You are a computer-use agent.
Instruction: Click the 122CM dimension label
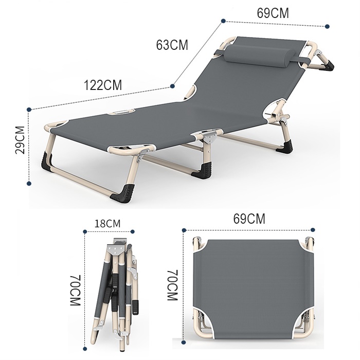point(103,85)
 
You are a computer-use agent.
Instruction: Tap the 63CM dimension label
point(172,45)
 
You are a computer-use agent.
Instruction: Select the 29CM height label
point(20,140)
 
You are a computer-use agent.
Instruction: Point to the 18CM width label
point(107,223)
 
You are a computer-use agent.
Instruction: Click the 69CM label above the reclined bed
point(273,13)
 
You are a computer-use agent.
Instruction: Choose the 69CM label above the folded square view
point(249,219)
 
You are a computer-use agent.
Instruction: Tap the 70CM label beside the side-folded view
point(76,290)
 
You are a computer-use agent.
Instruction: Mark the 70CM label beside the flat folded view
point(172,285)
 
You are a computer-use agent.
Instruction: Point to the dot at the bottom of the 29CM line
point(29,183)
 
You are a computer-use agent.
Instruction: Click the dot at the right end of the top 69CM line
point(328,26)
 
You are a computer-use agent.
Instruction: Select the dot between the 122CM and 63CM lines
point(172,86)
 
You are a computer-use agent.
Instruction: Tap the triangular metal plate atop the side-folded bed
point(116,248)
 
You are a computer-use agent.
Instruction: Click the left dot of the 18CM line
point(85,231)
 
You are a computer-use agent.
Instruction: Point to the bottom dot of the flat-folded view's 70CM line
point(184,343)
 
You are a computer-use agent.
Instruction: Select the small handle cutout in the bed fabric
point(121,113)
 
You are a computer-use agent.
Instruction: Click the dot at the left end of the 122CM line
point(29,110)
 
